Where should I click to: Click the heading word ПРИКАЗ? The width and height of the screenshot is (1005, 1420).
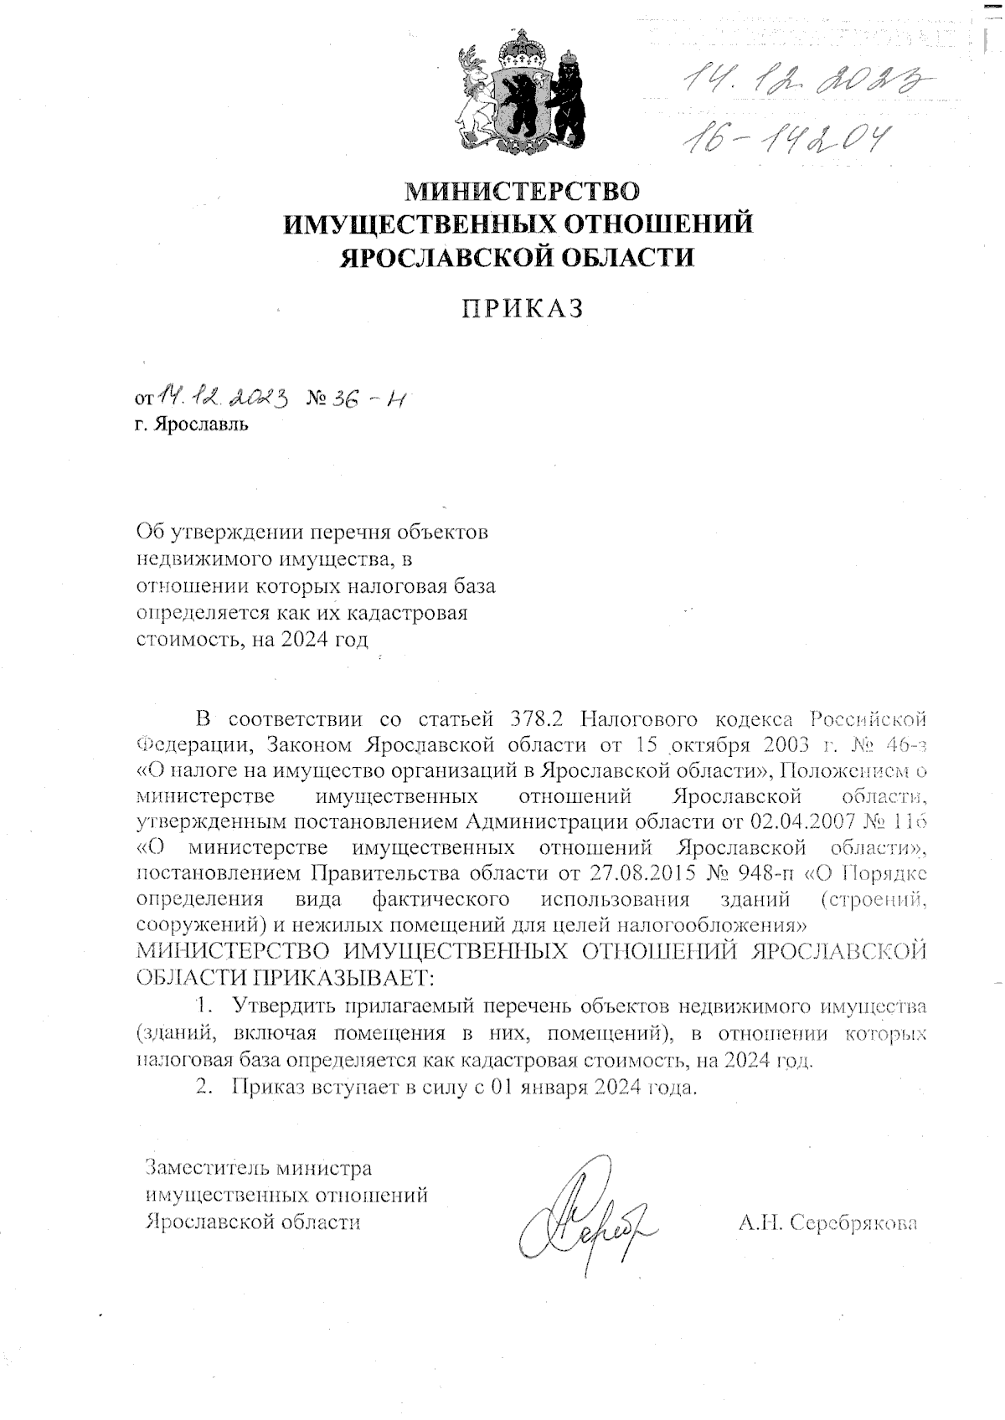[x=523, y=309]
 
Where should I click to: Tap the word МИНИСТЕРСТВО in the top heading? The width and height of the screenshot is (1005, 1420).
[x=521, y=192]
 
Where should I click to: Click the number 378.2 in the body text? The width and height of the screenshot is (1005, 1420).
[x=540, y=719]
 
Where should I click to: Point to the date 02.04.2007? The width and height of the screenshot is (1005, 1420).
[x=798, y=819]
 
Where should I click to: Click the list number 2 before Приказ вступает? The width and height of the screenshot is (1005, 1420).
[x=202, y=1089]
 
